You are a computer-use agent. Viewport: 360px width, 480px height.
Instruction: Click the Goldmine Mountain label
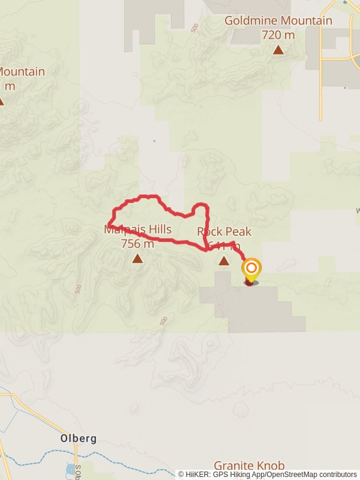pyautogui.click(x=278, y=21)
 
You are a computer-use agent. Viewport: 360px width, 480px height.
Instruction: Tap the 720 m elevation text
pyautogui.click(x=278, y=35)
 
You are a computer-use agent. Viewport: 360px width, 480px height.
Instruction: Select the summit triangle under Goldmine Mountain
pyautogui.click(x=278, y=50)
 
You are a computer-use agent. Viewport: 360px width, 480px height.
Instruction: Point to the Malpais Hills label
pyautogui.click(x=137, y=229)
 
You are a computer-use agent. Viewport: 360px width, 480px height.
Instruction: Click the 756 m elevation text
pyautogui.click(x=137, y=244)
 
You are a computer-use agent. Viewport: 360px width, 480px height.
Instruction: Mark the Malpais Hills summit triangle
pyautogui.click(x=137, y=259)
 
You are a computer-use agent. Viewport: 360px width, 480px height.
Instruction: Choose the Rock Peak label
pyautogui.click(x=224, y=232)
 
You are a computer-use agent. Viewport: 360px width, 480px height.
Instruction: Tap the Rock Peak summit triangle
pyautogui.click(x=224, y=260)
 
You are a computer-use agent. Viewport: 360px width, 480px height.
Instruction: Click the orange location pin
pyautogui.click(x=251, y=269)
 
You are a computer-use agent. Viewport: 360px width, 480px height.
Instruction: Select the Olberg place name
pyautogui.click(x=79, y=439)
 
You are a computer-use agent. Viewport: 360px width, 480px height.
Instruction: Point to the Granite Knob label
pyautogui.click(x=248, y=465)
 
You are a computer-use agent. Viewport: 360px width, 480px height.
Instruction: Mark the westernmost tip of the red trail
pyautogui.click(x=110, y=223)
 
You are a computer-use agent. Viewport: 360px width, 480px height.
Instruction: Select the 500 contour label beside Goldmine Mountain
pyautogui.click(x=194, y=28)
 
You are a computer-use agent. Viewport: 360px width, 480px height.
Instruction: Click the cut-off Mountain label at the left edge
pyautogui.click(x=21, y=72)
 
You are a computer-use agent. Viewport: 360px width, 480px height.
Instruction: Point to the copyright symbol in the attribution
pyautogui.click(x=181, y=475)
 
